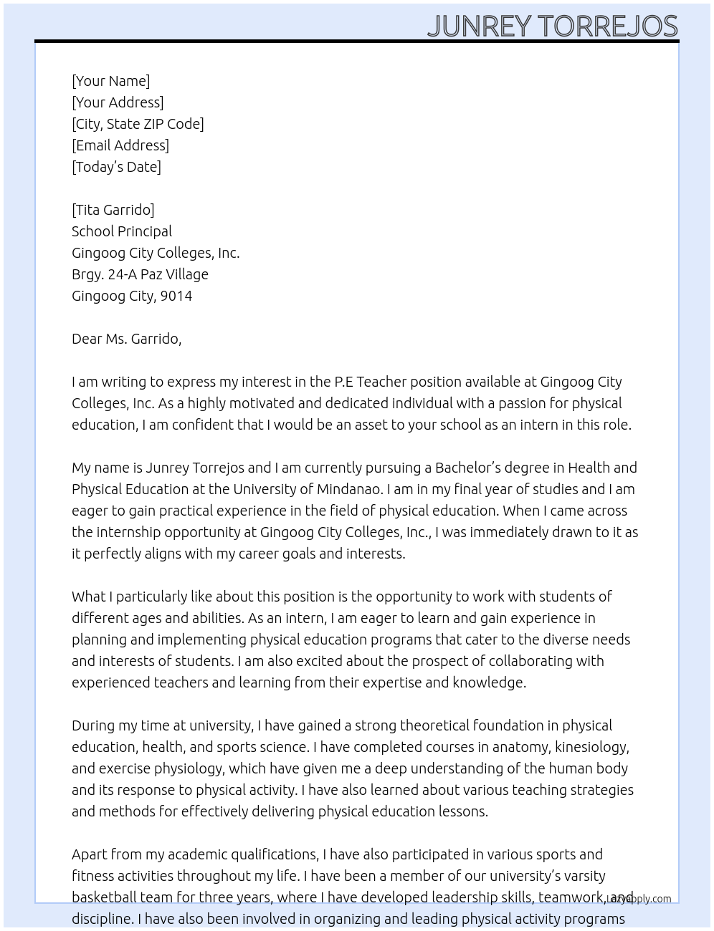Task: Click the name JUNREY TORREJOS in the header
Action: pos(552,26)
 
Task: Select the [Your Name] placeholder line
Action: pos(110,81)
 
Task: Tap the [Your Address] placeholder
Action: pos(118,102)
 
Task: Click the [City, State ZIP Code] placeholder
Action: pos(138,124)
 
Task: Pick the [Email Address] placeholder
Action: pos(120,145)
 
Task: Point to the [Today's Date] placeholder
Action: pos(116,167)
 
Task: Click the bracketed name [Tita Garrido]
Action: pos(113,210)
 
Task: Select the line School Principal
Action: pos(122,231)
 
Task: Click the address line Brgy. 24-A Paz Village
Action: pos(140,274)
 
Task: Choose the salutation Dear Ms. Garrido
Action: pos(126,339)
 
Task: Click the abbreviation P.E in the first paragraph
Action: pos(343,382)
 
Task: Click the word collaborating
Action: pos(541,661)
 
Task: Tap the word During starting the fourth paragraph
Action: pos(93,725)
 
